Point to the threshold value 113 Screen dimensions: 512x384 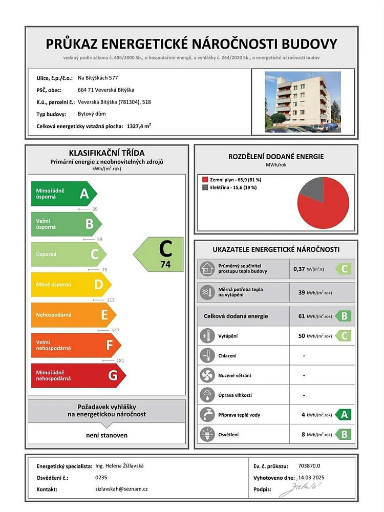111,300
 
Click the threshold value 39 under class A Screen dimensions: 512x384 95,209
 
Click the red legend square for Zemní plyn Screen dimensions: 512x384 205,180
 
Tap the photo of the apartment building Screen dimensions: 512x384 303,102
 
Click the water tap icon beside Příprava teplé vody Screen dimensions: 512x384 207,415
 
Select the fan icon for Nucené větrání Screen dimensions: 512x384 207,375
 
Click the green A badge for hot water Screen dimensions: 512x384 344,415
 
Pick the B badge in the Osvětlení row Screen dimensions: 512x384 344,435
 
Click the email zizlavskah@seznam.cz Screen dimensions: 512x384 121,489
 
